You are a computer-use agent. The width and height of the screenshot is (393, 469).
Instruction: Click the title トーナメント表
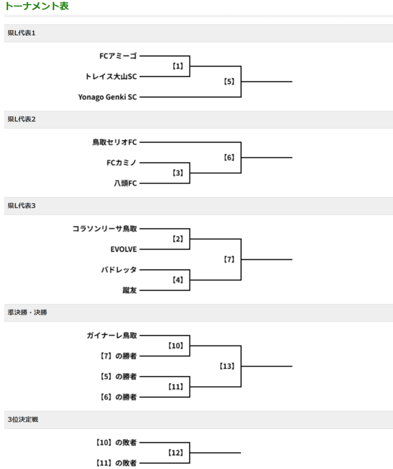37,6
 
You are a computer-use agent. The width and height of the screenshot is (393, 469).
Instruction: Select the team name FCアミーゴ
118,56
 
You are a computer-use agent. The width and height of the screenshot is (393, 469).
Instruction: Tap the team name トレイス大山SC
111,76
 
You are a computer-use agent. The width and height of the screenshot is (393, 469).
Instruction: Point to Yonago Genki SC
108,97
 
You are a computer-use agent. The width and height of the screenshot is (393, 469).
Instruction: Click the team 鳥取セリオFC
114,142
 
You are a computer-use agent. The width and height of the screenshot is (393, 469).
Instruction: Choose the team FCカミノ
122,163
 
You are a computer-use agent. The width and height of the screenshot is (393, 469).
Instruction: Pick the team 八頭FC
125,183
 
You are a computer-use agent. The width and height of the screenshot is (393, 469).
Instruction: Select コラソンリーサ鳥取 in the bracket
105,229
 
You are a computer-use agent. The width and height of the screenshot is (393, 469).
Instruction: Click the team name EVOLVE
124,249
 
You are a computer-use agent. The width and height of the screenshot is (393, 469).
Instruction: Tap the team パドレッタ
118,270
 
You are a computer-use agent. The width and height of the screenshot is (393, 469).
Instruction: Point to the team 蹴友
130,290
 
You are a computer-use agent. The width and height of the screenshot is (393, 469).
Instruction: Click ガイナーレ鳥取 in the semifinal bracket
112,336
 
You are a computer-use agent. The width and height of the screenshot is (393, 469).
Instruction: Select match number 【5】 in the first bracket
229,82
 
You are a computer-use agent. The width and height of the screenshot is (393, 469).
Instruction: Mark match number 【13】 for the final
227,366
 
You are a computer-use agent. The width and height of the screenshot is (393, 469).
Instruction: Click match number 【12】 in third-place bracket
176,453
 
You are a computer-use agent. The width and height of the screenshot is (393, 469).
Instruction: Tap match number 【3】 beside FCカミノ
178,173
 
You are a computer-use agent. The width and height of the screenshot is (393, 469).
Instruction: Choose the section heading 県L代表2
22,120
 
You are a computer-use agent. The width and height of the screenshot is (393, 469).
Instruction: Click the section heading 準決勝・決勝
27,312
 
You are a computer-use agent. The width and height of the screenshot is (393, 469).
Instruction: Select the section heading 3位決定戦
23,420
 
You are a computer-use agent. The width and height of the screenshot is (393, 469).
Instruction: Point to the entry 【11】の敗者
116,463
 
